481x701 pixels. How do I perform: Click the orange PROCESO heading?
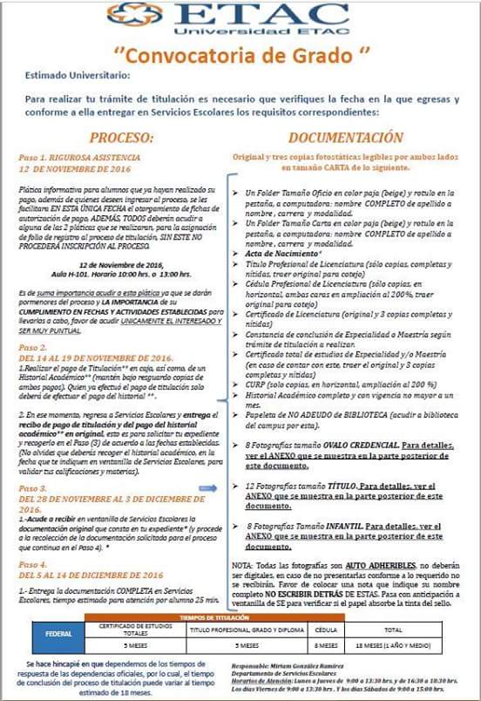tap(122, 137)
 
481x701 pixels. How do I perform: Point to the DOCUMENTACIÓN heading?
tap(346, 137)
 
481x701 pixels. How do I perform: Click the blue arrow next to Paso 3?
tap(207, 488)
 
